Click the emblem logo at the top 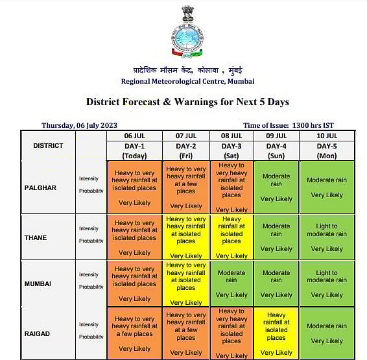pos(187,32)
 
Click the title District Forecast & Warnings pos(187,102)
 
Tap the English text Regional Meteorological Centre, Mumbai pos(187,81)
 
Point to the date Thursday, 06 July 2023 pos(79,125)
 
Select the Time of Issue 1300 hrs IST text pos(289,125)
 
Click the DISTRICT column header pos(48,145)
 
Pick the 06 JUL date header pos(134,136)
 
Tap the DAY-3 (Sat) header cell pos(231,150)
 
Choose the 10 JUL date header pos(326,136)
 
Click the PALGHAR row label pos(41,188)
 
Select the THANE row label pos(36,237)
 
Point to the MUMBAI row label pos(37,284)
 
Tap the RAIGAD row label pos(37,333)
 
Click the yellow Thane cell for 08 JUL pos(231,237)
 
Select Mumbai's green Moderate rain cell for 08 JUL pos(231,284)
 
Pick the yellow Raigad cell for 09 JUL pos(276,334)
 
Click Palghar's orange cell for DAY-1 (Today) pos(134,187)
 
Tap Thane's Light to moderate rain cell pos(326,237)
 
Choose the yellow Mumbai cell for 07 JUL pos(186,284)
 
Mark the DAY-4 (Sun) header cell pos(276,150)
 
